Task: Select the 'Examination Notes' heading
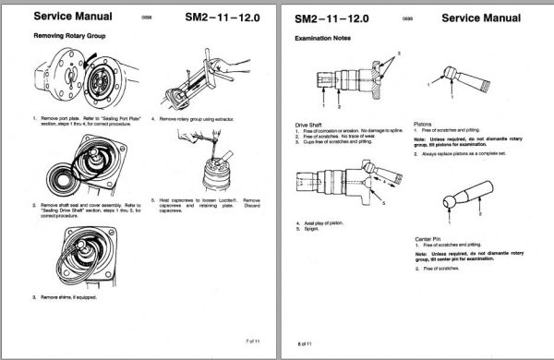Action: tap(321, 39)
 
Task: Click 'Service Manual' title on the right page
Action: tap(485, 16)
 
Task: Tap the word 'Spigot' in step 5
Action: tap(312, 230)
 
